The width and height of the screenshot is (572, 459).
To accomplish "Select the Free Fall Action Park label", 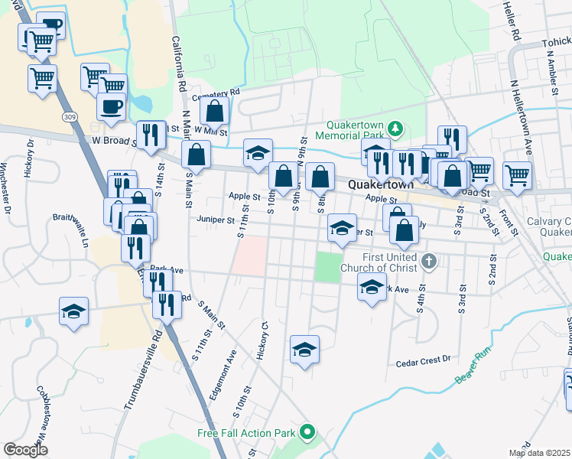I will [x=245, y=433].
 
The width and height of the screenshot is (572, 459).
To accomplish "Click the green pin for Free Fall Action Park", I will [x=307, y=433].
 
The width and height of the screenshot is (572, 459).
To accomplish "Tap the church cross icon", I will [x=429, y=262].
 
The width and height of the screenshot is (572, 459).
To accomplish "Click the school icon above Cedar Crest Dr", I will [x=304, y=350].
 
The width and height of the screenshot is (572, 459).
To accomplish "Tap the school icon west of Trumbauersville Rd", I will [x=74, y=311].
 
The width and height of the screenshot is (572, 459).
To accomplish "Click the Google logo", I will [x=25, y=450].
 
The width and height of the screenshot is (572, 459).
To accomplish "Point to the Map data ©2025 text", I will [x=539, y=453].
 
